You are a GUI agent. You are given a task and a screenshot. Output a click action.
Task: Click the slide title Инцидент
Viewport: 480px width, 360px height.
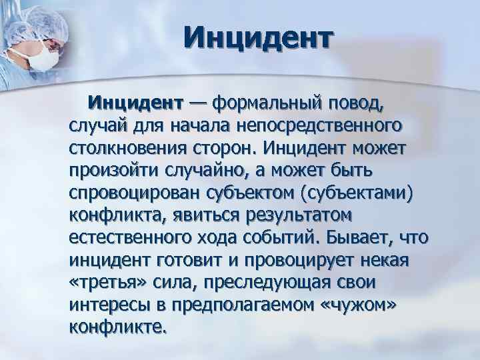click(x=257, y=39)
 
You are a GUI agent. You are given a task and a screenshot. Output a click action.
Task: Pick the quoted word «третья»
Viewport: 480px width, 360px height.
click(x=102, y=283)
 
